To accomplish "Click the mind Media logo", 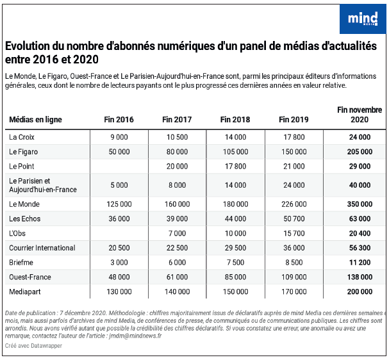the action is pyautogui.click(x=363, y=19).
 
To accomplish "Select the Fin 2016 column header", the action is pyautogui.click(x=119, y=120).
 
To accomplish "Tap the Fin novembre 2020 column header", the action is pyautogui.click(x=360, y=115).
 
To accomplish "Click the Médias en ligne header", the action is pyautogui.click(x=35, y=120).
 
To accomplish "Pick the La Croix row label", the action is pyautogui.click(x=22, y=137).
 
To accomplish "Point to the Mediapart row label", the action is pyautogui.click(x=25, y=291).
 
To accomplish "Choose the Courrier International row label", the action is pyautogui.click(x=42, y=248).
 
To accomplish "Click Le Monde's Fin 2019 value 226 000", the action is pyautogui.click(x=294, y=204).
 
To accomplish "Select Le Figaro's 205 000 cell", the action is pyautogui.click(x=360, y=151).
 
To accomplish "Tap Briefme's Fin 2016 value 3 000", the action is pyautogui.click(x=119, y=263).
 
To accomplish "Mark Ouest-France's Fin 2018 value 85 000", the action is pyautogui.click(x=235, y=277).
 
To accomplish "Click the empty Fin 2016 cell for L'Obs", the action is pyautogui.click(x=119, y=233).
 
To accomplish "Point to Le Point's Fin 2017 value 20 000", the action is pyautogui.click(x=177, y=166).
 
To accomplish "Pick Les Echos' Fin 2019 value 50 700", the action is pyautogui.click(x=294, y=218).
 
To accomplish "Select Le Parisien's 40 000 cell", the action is pyautogui.click(x=360, y=185).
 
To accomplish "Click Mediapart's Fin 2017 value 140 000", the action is pyautogui.click(x=177, y=291).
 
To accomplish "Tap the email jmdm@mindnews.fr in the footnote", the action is pyautogui.click(x=135, y=336).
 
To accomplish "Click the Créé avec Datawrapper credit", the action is pyautogui.click(x=33, y=346).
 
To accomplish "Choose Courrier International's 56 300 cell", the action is pyautogui.click(x=360, y=248).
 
